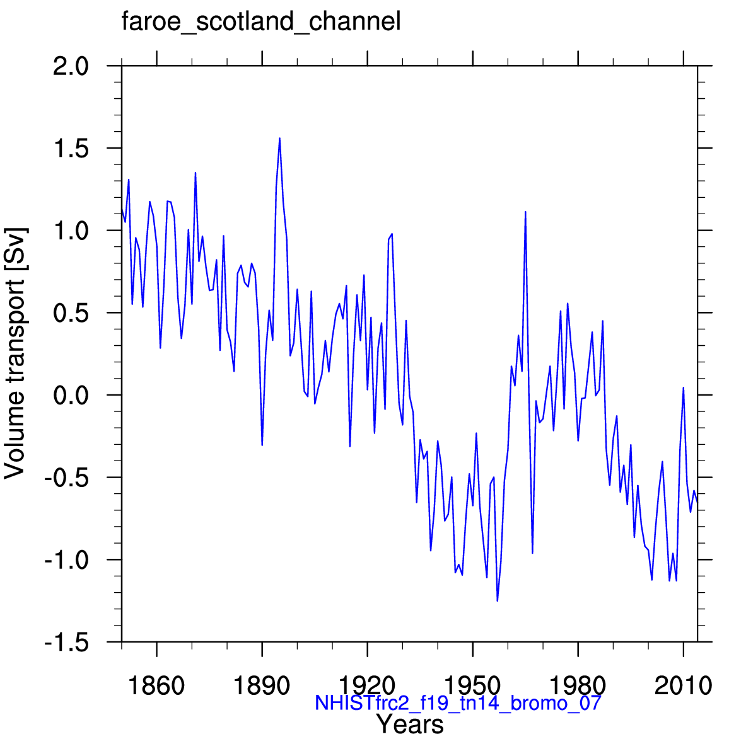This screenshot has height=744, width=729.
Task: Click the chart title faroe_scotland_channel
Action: [261, 21]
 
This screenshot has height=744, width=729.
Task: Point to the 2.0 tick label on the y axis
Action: [71, 66]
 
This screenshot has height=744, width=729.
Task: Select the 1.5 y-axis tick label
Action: [71, 149]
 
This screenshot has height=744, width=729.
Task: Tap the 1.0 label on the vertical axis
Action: [71, 231]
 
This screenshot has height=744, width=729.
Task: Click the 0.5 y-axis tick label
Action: [71, 314]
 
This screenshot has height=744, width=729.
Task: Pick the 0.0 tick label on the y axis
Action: [71, 396]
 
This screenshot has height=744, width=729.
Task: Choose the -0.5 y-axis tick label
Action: [66, 478]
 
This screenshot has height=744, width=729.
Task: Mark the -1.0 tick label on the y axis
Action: [66, 561]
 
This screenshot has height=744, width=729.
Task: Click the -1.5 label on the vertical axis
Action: [66, 643]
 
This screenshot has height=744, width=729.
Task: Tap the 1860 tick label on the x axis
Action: [157, 685]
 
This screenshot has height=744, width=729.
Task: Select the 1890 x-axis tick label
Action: [262, 685]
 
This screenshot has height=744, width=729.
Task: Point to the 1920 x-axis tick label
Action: [367, 685]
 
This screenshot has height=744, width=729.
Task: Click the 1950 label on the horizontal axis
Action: [472, 685]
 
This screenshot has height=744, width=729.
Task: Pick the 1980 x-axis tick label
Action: [578, 685]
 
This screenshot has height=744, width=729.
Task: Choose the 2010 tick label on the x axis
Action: [684, 685]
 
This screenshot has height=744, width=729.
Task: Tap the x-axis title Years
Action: [410, 724]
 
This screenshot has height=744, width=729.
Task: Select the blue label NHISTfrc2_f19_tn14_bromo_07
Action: [458, 702]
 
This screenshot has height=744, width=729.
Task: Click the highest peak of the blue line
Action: [280, 138]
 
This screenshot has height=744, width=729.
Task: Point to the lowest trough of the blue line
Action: [497, 601]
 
